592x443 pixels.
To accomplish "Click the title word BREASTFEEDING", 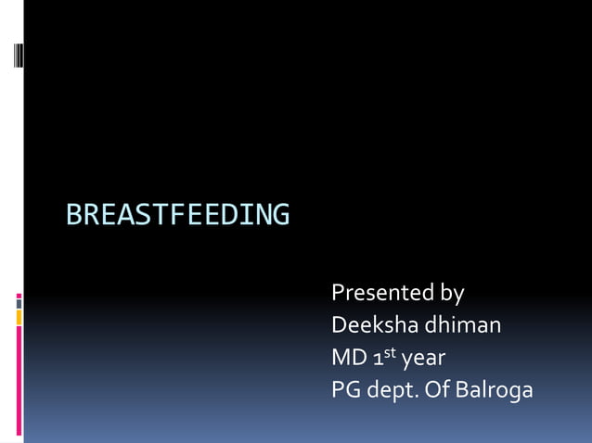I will [177, 215].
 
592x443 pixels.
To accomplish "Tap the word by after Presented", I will [452, 295].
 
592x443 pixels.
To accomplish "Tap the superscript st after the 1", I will [391, 352].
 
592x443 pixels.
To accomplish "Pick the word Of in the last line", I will [440, 390].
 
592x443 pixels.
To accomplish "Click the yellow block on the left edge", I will [19, 318].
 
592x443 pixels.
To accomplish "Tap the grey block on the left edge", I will [19, 303].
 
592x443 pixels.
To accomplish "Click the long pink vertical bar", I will [19, 380].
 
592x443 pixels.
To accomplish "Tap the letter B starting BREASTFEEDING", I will [73, 215].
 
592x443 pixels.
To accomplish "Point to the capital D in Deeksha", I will [339, 325].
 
